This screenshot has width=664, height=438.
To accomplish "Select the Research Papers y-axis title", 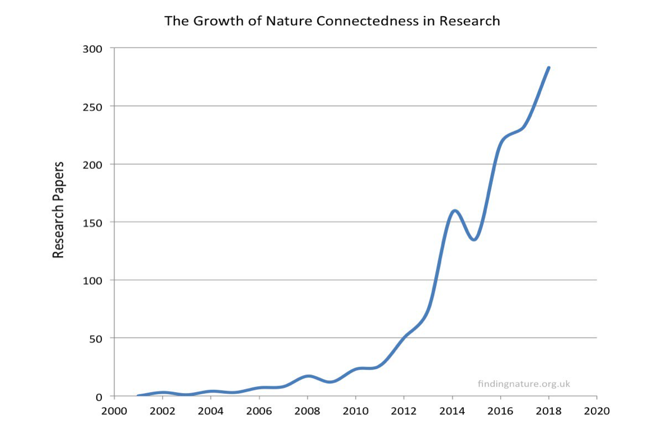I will tap(58, 210).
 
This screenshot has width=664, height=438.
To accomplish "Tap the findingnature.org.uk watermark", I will tap(524, 384).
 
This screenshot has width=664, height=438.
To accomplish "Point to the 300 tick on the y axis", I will tap(93, 49).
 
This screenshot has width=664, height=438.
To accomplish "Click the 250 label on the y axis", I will tap(93, 107).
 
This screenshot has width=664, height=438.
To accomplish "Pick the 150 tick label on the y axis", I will tap(93, 223).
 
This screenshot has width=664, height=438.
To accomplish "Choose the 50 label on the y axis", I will tap(95, 339).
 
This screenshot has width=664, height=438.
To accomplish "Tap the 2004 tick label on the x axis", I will tap(211, 411).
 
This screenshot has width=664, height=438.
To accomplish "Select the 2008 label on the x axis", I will tap(308, 411).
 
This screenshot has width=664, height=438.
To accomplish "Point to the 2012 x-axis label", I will tap(404, 411).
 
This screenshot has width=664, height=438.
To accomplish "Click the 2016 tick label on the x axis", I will tap(500, 411).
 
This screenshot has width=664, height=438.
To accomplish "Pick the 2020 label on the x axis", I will tap(597, 411).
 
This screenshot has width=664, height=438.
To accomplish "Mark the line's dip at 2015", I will tap(474, 239).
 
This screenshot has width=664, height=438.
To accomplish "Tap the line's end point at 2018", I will tap(549, 68).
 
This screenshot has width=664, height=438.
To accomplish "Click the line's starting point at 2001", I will tap(138, 395).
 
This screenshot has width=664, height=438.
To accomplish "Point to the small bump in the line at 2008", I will tap(308, 376).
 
